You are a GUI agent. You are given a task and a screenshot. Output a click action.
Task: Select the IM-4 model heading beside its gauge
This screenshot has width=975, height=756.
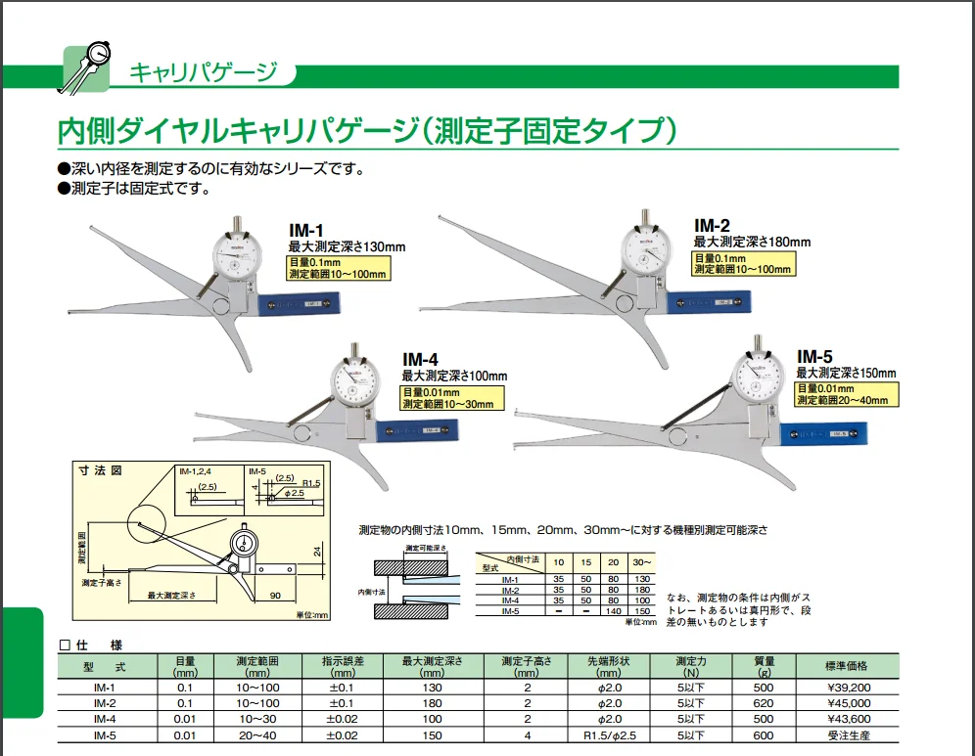(x=419, y=359)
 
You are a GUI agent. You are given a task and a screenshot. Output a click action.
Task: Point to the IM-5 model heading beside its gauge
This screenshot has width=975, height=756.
(x=813, y=357)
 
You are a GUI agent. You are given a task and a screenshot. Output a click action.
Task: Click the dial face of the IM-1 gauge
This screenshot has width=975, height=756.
(x=240, y=257)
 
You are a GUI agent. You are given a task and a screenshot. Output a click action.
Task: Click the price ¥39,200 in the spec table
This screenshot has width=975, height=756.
(x=847, y=688)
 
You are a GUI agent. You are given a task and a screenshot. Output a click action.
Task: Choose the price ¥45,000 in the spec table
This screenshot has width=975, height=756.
(x=847, y=703)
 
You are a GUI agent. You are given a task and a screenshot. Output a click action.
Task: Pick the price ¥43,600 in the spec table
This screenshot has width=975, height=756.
(x=847, y=719)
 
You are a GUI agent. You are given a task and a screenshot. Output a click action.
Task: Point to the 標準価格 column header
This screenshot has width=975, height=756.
(x=847, y=665)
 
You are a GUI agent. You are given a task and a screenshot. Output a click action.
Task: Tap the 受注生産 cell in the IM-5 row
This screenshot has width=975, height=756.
(x=847, y=734)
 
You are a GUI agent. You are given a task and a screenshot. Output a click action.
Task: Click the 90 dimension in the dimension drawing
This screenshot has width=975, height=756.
(x=275, y=594)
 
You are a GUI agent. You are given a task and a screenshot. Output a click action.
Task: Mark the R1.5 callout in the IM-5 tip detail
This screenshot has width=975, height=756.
(x=311, y=483)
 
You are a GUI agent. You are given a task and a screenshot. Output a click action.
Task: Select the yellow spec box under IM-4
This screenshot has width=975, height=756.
(x=451, y=397)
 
